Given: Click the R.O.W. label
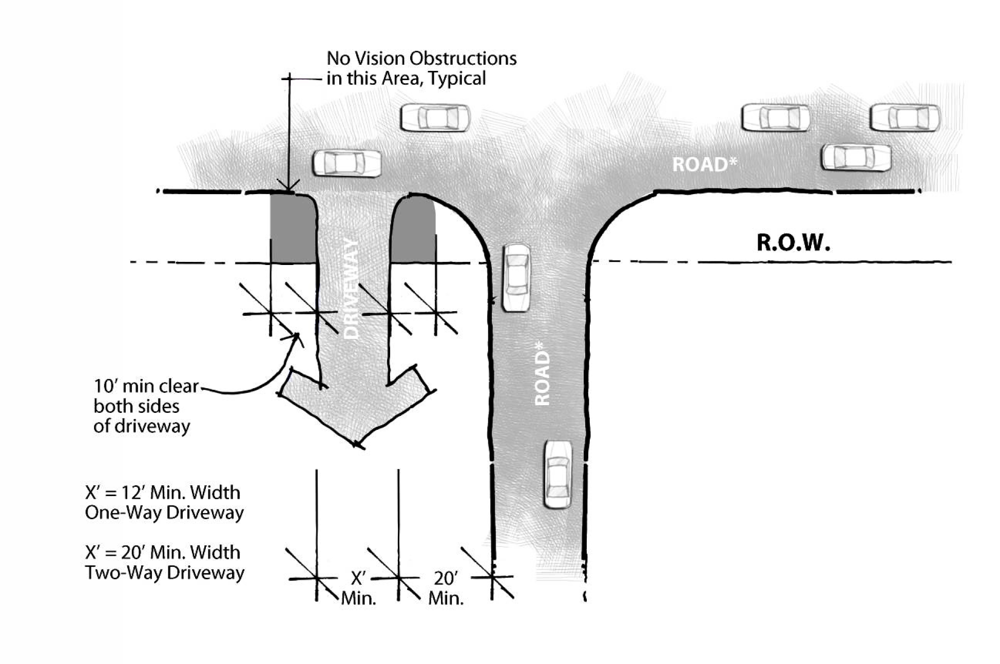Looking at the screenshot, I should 793,243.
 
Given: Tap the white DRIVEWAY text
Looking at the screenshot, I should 351,288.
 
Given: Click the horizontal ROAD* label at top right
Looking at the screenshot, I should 704,164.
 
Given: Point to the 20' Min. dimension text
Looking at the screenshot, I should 446,588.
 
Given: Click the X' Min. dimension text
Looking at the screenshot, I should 358,588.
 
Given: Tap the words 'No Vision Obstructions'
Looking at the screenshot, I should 421,59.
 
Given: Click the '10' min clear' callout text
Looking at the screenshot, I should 146,386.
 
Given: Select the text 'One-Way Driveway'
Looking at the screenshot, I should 164,513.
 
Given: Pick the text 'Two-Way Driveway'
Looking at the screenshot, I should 164,572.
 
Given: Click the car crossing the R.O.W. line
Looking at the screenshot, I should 516,277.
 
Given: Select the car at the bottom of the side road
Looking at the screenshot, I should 557,473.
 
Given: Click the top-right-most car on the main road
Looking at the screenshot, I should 905,117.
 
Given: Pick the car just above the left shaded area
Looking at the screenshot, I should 347,163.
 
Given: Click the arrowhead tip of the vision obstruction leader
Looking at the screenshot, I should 289,189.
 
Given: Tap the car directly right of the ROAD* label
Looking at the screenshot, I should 856,157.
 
